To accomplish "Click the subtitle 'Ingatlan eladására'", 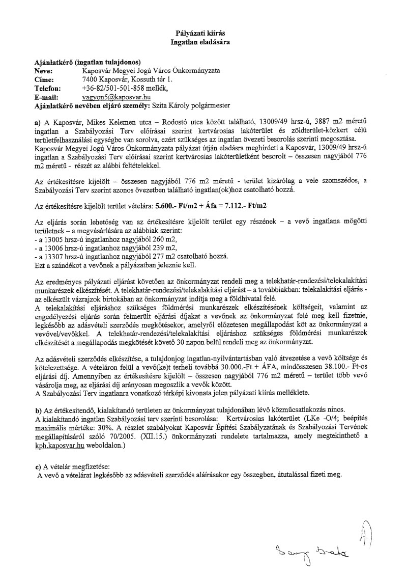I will [203, 42].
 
